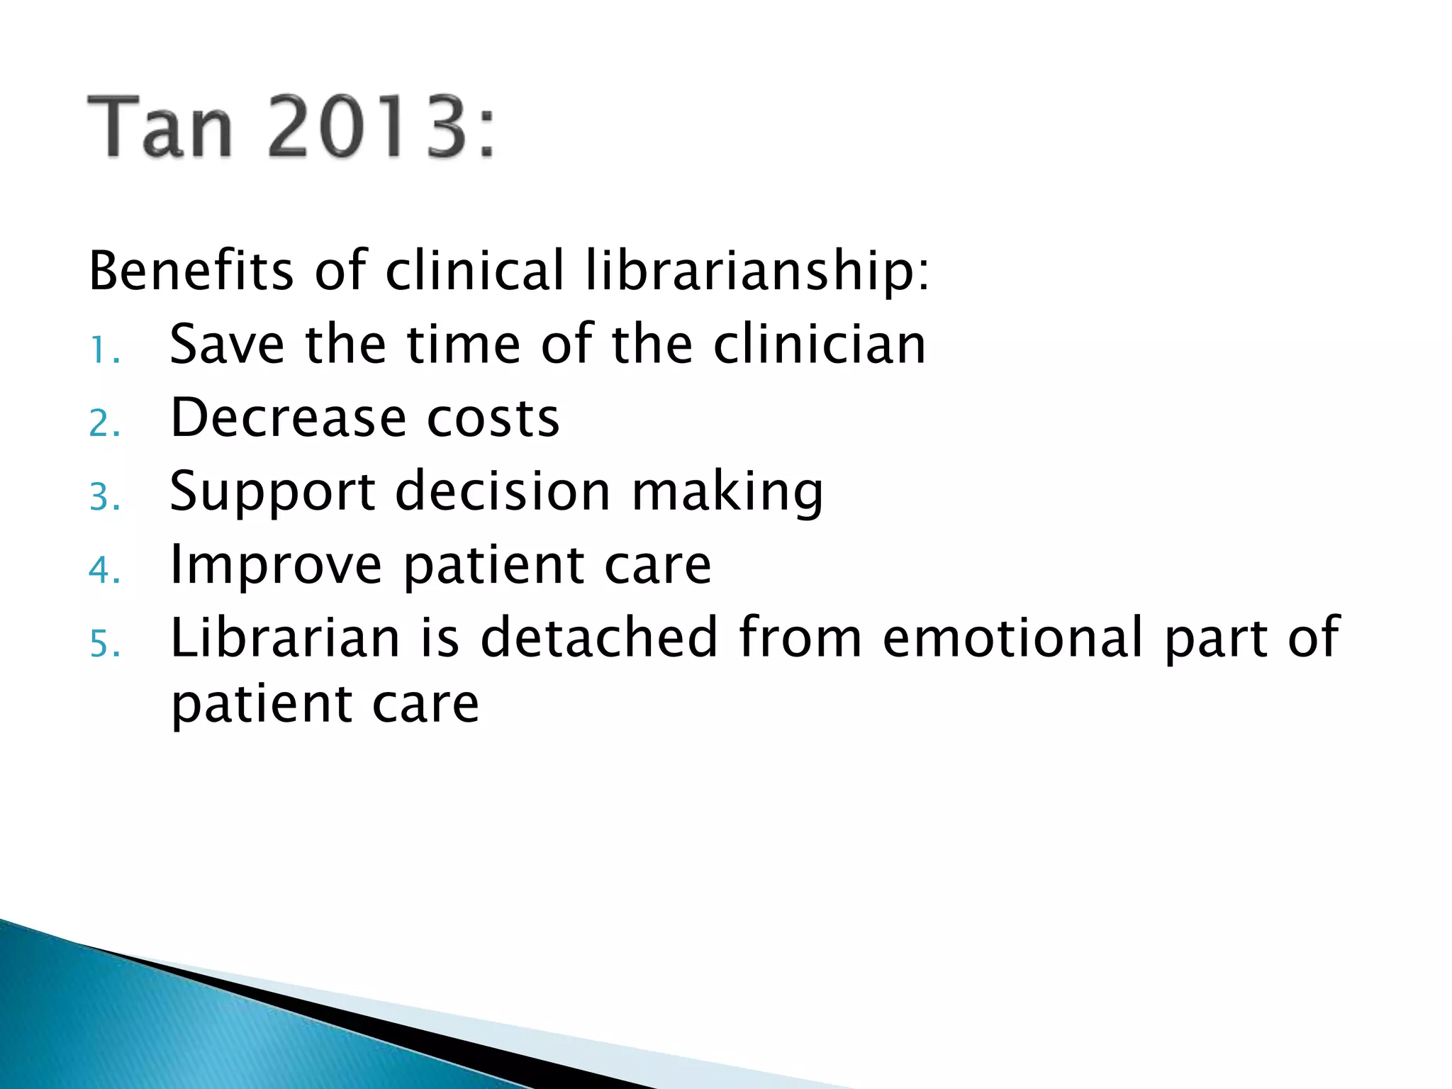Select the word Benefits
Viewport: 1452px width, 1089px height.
(191, 271)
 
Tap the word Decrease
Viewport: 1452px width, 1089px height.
(288, 418)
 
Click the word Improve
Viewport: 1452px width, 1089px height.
(277, 566)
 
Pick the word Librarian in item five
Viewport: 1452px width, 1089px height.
(286, 638)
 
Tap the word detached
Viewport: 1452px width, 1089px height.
(599, 638)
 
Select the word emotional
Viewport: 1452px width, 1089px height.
(1012, 638)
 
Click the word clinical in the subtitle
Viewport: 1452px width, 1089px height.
(474, 271)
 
